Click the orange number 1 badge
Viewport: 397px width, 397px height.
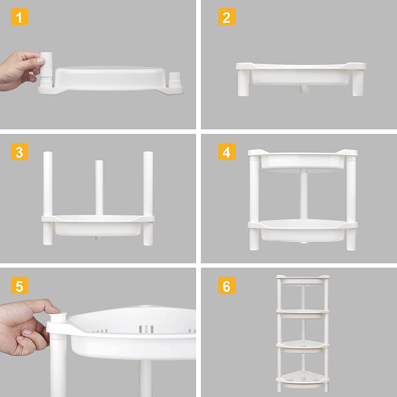point(20,17)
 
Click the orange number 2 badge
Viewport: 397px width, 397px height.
point(227,17)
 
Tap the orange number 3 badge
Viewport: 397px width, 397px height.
point(20,152)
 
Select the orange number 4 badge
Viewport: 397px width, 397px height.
point(227,152)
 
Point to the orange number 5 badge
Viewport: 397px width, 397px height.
point(20,286)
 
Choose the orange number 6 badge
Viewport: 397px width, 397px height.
point(227,286)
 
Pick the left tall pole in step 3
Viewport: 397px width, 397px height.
point(48,183)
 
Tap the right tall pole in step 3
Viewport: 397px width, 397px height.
point(148,183)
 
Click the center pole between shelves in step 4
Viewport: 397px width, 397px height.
point(304,195)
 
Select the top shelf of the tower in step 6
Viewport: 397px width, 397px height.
point(302,280)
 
